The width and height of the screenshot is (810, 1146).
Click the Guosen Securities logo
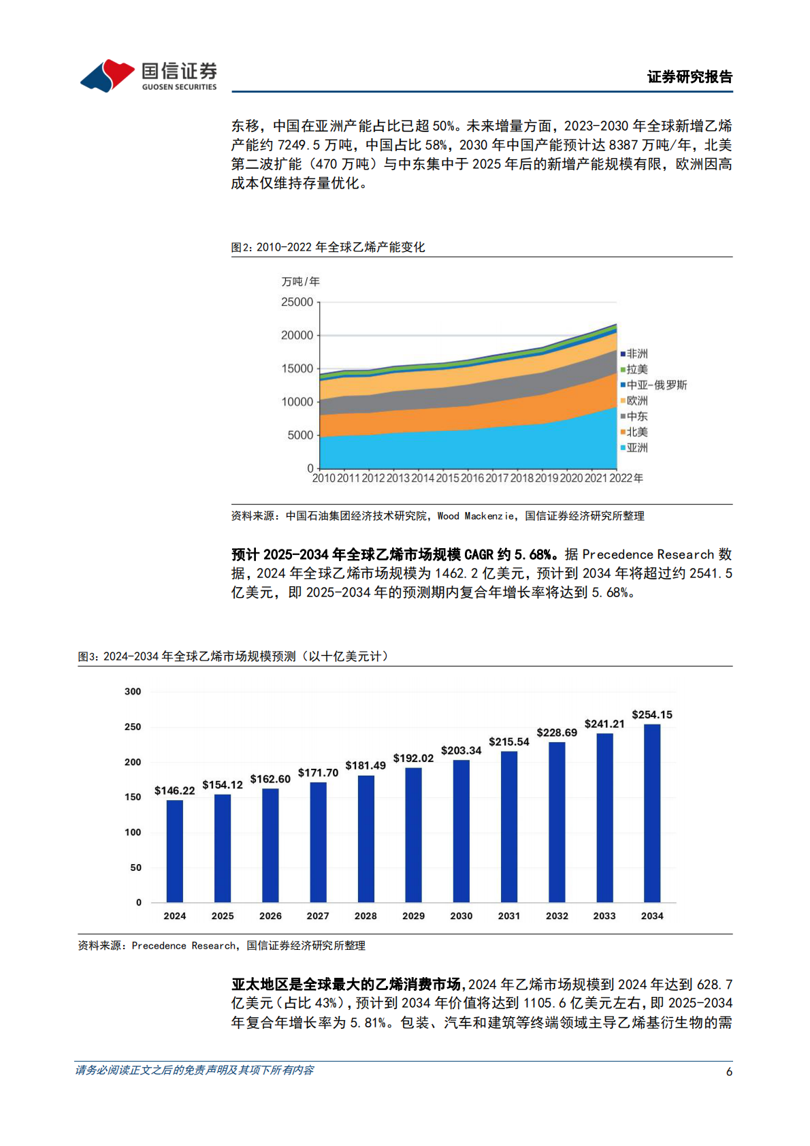pyautogui.click(x=148, y=76)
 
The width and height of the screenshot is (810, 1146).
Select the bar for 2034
pyautogui.click(x=651, y=813)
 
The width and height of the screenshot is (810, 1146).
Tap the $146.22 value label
pyautogui.click(x=174, y=791)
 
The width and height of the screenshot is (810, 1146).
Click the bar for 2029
pyautogui.click(x=413, y=835)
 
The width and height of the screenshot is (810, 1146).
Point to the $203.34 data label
pyautogui.click(x=461, y=750)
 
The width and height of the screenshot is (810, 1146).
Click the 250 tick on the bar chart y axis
pyautogui.click(x=133, y=727)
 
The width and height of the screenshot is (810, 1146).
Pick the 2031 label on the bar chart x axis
pyautogui.click(x=508, y=916)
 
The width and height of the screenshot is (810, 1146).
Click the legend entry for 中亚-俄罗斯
pyautogui.click(x=653, y=385)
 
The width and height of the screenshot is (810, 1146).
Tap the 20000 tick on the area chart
pyautogui.click(x=297, y=335)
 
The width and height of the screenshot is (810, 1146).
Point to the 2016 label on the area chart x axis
pyautogui.click(x=472, y=478)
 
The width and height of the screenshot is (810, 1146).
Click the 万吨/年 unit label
pyautogui.click(x=300, y=282)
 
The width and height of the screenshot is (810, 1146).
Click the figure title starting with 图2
pyautogui.click(x=327, y=247)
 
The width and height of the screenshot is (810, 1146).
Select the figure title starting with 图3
pyautogui.click(x=233, y=656)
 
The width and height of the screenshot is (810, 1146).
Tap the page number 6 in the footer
pyautogui.click(x=729, y=1072)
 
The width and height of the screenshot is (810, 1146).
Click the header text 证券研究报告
pyautogui.click(x=690, y=77)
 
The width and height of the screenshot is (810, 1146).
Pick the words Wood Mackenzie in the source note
pyautogui.click(x=475, y=516)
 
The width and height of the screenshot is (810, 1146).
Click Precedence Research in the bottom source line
pyautogui.click(x=184, y=946)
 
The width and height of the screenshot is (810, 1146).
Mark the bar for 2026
pyautogui.click(x=270, y=845)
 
